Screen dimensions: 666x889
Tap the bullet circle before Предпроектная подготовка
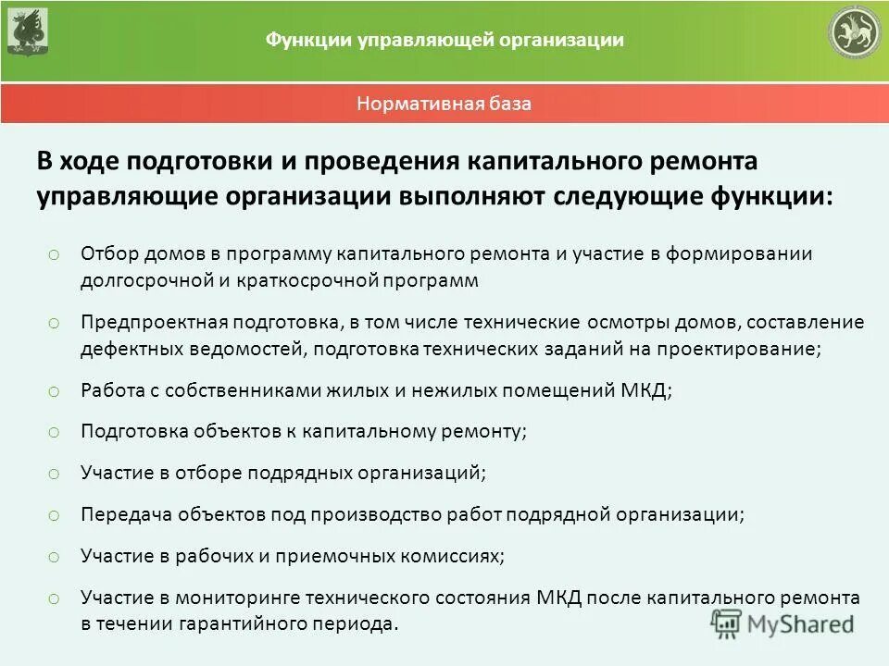click(x=54, y=323)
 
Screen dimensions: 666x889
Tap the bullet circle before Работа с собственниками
click(x=54, y=391)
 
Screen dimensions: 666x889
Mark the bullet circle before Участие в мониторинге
click(x=54, y=598)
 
